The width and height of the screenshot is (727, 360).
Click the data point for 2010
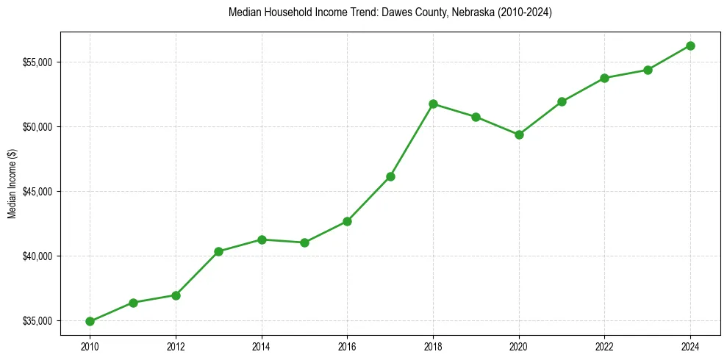click(90, 321)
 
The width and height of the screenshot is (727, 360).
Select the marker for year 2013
click(218, 251)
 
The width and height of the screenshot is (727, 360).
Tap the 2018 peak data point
click(433, 104)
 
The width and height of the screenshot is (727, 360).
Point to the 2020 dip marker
click(519, 134)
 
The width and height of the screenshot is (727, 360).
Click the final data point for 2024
click(690, 46)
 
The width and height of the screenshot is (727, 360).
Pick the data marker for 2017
click(390, 176)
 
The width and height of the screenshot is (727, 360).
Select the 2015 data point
click(304, 242)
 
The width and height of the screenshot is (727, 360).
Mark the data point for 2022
click(604, 78)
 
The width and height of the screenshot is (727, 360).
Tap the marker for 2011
click(133, 303)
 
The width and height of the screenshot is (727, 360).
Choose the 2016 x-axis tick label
click(347, 345)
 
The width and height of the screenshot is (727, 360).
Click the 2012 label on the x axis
click(176, 345)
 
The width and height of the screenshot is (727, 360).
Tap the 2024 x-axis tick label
click(690, 345)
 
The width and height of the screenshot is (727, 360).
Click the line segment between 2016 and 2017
click(369, 199)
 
